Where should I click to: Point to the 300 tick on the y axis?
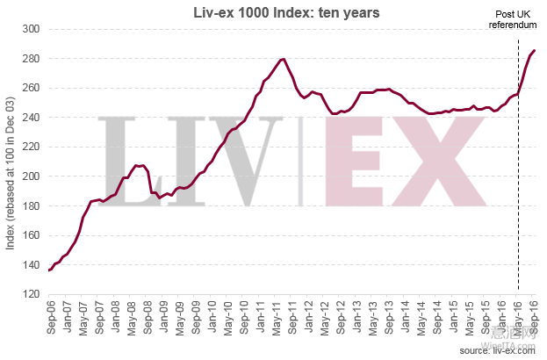(32, 29)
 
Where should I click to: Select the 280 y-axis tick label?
(32, 59)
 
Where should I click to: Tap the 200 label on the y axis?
(32, 176)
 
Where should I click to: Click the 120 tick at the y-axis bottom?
(32, 294)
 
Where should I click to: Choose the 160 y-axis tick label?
(32, 235)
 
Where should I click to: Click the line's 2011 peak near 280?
(283, 59)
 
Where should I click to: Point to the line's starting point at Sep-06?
(48, 270)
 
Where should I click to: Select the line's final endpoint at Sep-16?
(535, 51)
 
